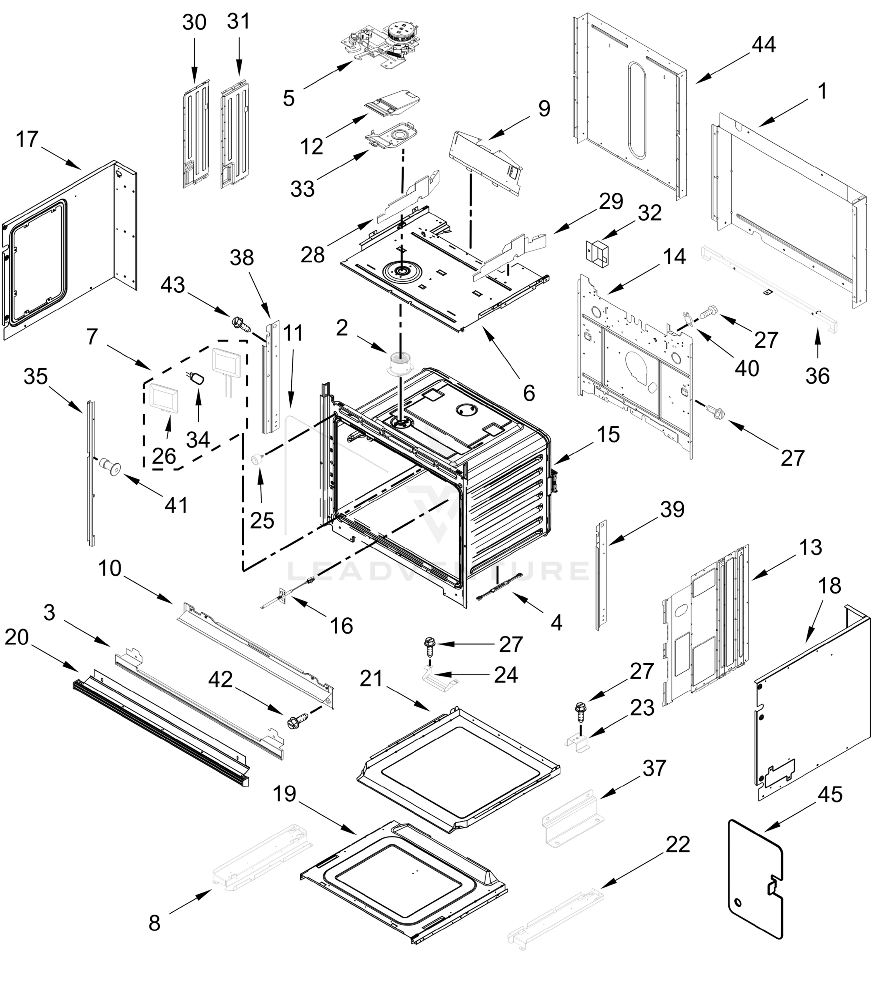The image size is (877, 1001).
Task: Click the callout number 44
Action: (x=763, y=45)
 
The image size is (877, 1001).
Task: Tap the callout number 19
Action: (x=284, y=794)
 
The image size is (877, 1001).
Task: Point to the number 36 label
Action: (x=818, y=376)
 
